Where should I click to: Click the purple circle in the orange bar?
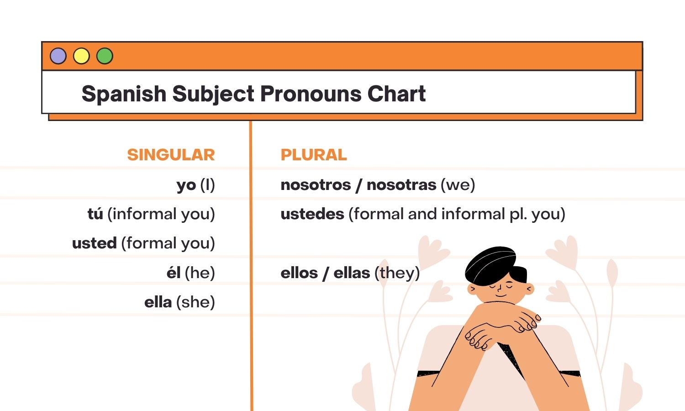click(58, 56)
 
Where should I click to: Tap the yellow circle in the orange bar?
click(81, 56)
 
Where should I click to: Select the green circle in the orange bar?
click(105, 56)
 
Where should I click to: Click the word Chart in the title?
click(396, 94)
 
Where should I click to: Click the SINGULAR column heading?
click(171, 155)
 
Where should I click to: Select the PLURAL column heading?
click(314, 155)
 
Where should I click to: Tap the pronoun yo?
click(186, 185)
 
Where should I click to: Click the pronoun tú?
click(95, 214)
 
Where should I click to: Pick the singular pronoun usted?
click(95, 243)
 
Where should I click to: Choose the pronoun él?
click(174, 273)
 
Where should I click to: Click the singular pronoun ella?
click(158, 302)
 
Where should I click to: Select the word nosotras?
click(401, 184)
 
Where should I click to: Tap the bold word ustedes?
click(312, 214)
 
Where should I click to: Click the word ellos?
click(299, 273)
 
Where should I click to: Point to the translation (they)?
click(397, 273)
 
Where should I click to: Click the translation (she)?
click(195, 302)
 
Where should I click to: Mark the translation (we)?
click(458, 184)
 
